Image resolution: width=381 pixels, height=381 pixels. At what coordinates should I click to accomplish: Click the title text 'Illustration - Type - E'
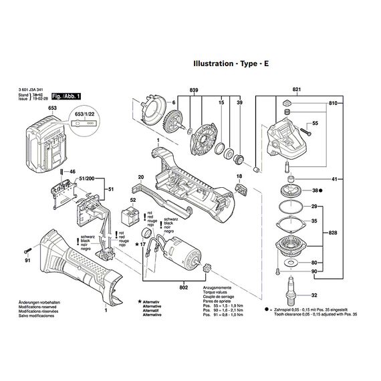pyautogui.click(x=236, y=66)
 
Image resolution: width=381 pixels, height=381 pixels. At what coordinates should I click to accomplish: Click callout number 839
pyautogui.click(x=195, y=90)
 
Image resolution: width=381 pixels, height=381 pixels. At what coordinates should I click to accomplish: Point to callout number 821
pyautogui.click(x=297, y=90)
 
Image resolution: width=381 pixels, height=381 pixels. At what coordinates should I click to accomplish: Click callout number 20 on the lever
pyautogui.click(x=141, y=177)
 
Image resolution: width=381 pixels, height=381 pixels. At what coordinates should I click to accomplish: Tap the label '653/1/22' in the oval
pyautogui.click(x=84, y=114)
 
